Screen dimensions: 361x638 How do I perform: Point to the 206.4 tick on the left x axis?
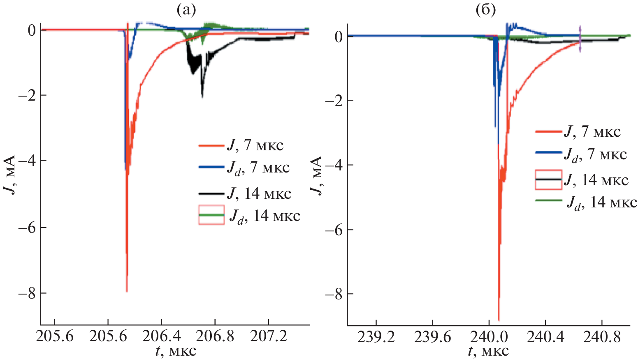(x=161, y=337)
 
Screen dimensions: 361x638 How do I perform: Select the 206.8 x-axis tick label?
(x=215, y=337)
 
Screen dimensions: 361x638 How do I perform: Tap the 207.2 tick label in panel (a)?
(x=268, y=337)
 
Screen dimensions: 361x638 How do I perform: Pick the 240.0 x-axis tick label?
(x=489, y=337)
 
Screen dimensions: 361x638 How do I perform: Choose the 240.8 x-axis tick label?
(x=602, y=337)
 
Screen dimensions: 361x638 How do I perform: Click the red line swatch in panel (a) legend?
(x=211, y=145)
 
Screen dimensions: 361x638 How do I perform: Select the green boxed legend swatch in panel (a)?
(x=211, y=215)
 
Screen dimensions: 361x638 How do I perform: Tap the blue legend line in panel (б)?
(x=548, y=153)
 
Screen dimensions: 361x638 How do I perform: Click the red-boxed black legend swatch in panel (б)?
(x=548, y=179)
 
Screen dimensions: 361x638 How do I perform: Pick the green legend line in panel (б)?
(x=548, y=200)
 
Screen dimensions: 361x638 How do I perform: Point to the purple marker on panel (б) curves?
(x=580, y=39)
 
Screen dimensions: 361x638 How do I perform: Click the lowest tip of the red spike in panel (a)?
(x=127, y=291)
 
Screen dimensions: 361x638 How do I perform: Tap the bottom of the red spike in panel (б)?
(x=499, y=320)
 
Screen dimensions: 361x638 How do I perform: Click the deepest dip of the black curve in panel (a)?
(x=202, y=97)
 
